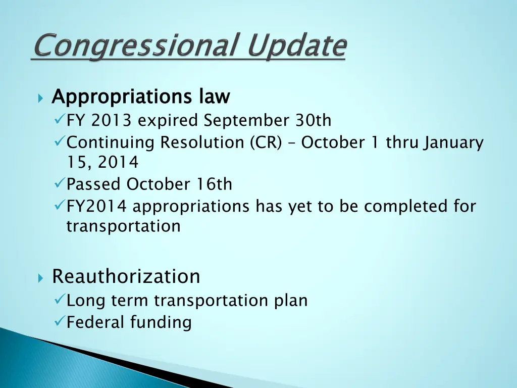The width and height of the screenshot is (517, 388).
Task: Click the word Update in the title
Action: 297,46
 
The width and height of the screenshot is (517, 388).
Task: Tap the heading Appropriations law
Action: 141,96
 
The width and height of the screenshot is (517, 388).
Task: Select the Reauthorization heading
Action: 126,276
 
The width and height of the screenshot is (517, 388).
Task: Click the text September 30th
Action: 268,121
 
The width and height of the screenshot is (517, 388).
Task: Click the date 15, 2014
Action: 102,163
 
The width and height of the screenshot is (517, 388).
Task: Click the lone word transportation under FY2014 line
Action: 123,226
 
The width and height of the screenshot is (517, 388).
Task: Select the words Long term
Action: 108,301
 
